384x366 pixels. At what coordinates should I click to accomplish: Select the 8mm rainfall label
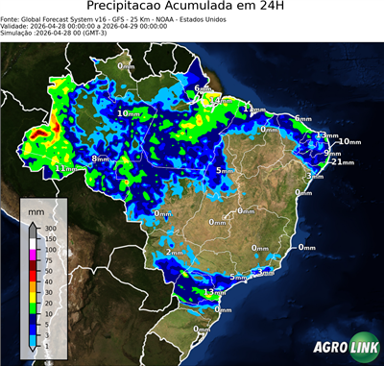[x=100, y=159]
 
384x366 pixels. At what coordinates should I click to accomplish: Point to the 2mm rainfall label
[x=174, y=252]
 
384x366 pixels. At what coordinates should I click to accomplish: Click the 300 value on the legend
[x=46, y=229]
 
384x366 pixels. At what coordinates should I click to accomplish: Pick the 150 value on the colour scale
[x=46, y=238]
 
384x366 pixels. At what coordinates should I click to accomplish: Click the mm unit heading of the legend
[x=36, y=207]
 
